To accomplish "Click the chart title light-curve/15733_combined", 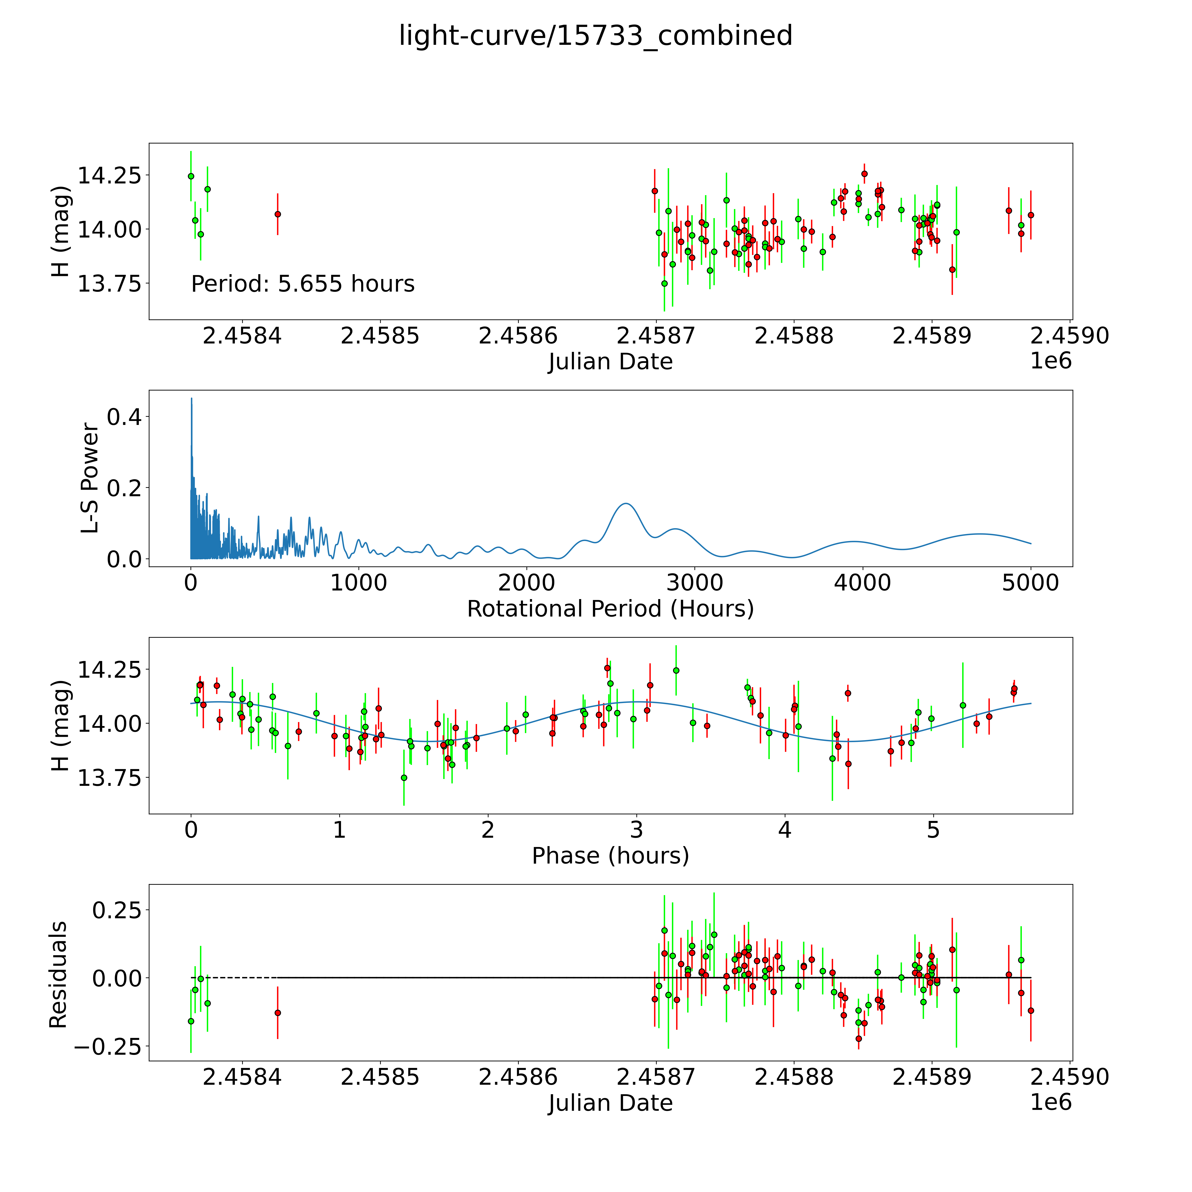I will [x=595, y=36].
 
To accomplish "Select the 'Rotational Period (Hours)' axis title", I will [x=610, y=609].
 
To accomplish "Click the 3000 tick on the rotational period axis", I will [x=695, y=583].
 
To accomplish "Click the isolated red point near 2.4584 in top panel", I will [x=278, y=214].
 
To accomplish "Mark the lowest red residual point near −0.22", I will [x=858, y=1038].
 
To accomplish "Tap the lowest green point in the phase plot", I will [x=404, y=777].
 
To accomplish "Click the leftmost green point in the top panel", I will [x=191, y=176].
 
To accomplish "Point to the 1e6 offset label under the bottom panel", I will [x=1051, y=1102].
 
